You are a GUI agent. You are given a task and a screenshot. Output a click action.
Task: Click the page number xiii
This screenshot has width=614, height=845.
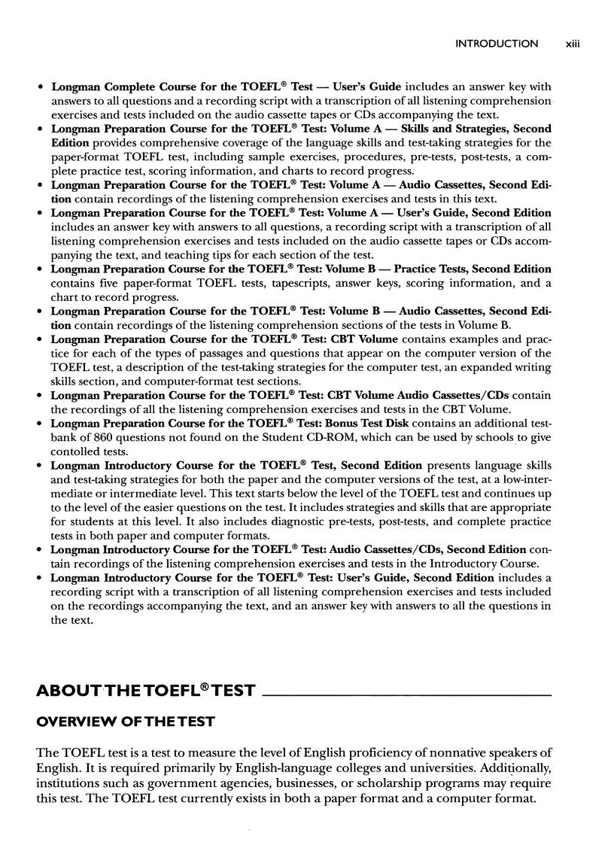(x=573, y=44)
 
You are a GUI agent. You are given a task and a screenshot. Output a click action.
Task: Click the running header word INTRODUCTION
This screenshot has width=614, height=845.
(x=497, y=44)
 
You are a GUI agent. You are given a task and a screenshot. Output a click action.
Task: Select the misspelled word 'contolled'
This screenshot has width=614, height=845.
(x=76, y=451)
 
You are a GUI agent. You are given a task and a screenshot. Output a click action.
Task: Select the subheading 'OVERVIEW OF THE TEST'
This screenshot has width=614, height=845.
(x=126, y=722)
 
